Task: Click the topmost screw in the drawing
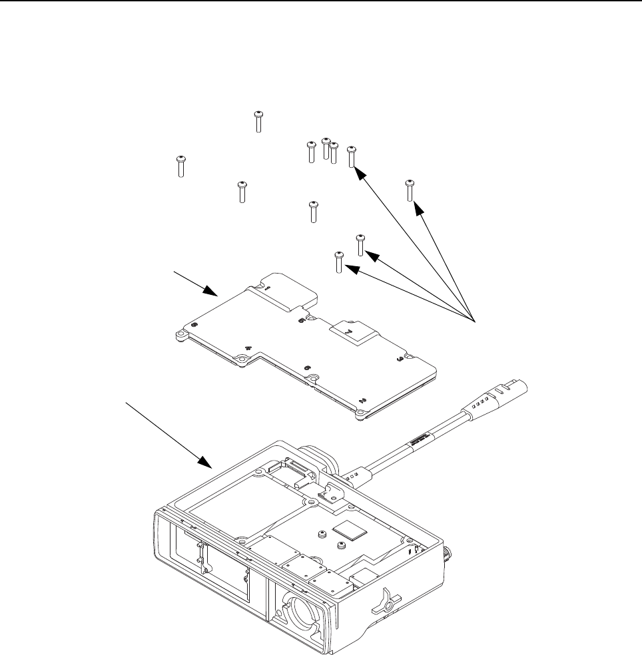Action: pos(258,121)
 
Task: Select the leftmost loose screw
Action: pos(180,166)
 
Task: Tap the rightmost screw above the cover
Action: pos(410,189)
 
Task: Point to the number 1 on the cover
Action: pos(265,290)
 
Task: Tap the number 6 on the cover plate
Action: pos(307,367)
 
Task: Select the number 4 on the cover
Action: pos(248,347)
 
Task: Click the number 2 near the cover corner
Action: pos(362,401)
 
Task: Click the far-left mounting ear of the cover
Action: pos(180,336)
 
